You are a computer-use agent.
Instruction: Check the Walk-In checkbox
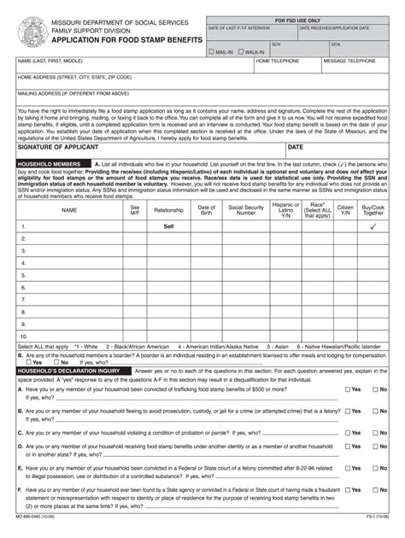(239, 51)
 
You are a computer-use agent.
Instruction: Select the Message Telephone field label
(349, 61)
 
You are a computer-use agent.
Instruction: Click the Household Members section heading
(50, 163)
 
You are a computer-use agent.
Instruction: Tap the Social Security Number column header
(246, 209)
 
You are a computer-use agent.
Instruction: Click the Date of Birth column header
(207, 209)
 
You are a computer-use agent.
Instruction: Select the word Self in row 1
(168, 227)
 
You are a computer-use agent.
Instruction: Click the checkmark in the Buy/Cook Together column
(373, 227)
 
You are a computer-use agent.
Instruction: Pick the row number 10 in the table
(25, 336)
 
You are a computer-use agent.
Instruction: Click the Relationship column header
(168, 209)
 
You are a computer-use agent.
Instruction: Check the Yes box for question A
(347, 389)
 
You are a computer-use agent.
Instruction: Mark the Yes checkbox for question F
(347, 489)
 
